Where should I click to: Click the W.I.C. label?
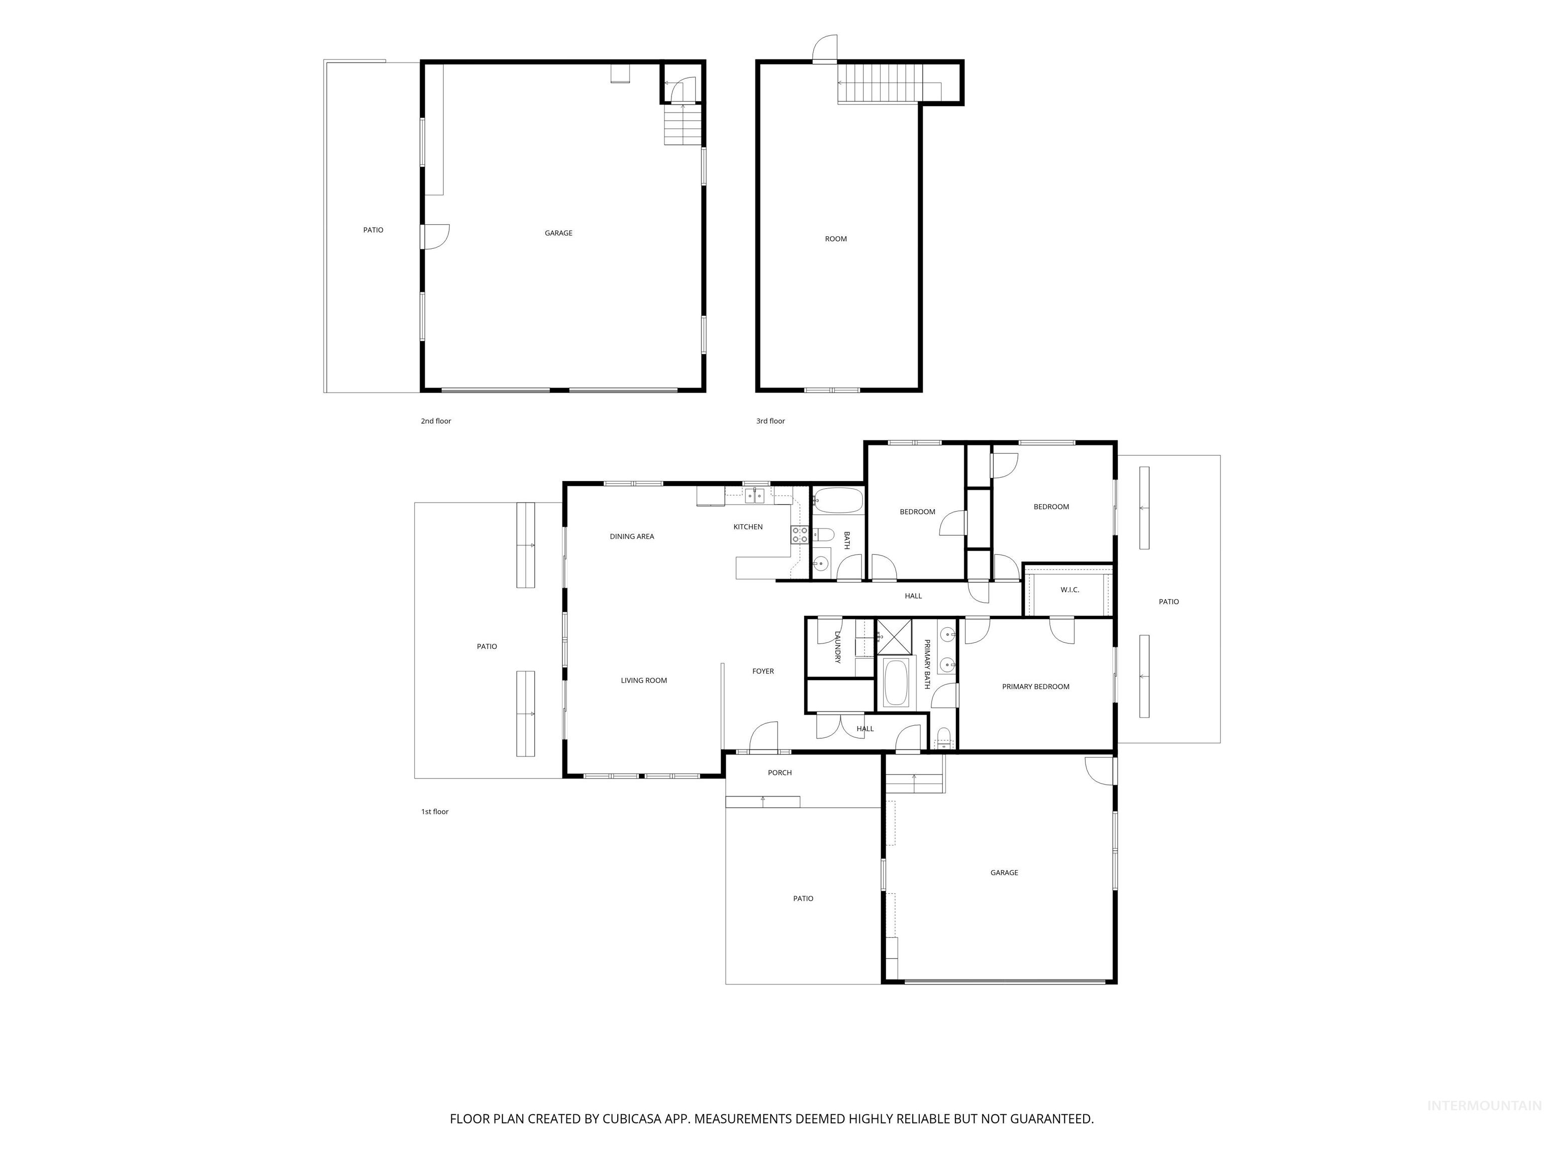pos(1070,590)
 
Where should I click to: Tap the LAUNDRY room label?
pos(838,647)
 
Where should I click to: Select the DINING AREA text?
pos(632,537)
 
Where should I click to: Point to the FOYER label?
pos(763,671)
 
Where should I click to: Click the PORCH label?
pos(780,773)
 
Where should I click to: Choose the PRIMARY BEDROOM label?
pos(1035,687)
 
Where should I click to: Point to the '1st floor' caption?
pos(434,812)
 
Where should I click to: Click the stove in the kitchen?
pos(799,535)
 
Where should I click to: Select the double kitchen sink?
pos(754,496)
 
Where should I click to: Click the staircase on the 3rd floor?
pos(880,83)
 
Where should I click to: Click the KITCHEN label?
pos(747,527)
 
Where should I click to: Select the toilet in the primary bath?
pos(943,736)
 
